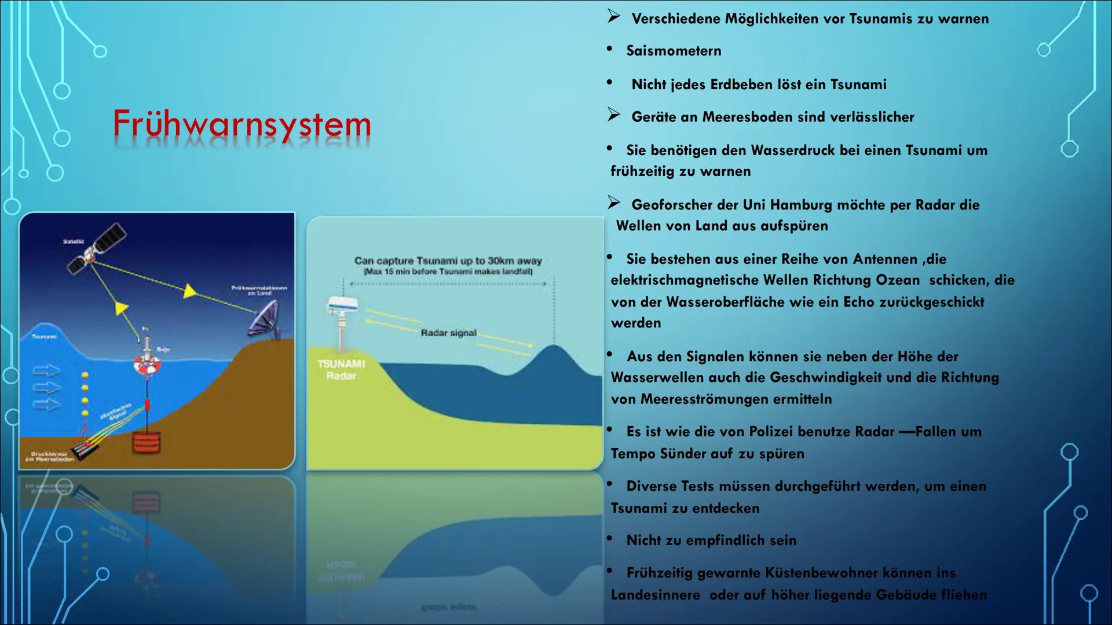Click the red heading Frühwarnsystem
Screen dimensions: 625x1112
tap(242, 125)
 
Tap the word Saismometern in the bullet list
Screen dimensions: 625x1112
tap(674, 51)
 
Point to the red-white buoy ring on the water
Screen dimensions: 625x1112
tap(146, 365)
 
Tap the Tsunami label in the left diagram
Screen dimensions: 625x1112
tap(44, 336)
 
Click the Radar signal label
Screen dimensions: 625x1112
tap(448, 333)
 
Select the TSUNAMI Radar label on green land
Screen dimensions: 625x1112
tap(341, 369)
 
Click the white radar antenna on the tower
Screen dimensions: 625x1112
tap(342, 304)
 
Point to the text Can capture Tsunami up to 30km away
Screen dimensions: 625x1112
tap(448, 261)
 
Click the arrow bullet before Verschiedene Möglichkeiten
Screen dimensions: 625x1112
tap(614, 17)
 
